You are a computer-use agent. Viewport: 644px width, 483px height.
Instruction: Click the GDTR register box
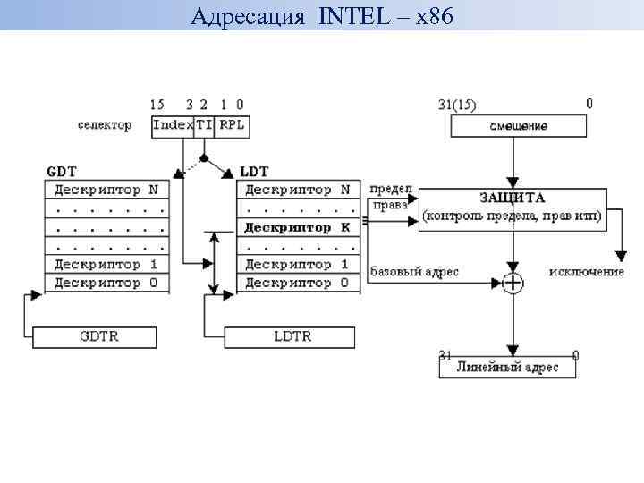click(x=94, y=337)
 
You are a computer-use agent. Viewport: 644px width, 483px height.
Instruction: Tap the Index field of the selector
click(x=173, y=126)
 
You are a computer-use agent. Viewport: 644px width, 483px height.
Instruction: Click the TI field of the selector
click(x=206, y=126)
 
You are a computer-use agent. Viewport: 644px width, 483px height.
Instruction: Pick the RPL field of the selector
click(x=233, y=126)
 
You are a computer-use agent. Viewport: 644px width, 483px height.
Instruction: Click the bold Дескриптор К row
click(x=299, y=227)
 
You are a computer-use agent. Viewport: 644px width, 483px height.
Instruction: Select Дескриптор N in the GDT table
click(x=106, y=190)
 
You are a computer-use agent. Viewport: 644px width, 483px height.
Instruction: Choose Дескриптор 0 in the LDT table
click(x=299, y=284)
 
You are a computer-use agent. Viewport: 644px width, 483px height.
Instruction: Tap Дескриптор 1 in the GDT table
click(x=106, y=265)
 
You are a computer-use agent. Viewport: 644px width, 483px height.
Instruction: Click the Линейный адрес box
click(x=507, y=368)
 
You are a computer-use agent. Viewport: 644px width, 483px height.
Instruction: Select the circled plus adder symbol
click(x=513, y=284)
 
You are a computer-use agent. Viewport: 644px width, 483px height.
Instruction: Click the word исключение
click(x=587, y=271)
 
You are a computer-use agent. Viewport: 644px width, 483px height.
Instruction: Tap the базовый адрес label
click(x=414, y=271)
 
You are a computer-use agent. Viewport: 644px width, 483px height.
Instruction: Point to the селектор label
click(x=105, y=126)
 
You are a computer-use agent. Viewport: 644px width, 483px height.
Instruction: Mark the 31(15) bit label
click(x=458, y=105)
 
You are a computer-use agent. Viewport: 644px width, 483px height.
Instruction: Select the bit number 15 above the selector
click(x=157, y=105)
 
